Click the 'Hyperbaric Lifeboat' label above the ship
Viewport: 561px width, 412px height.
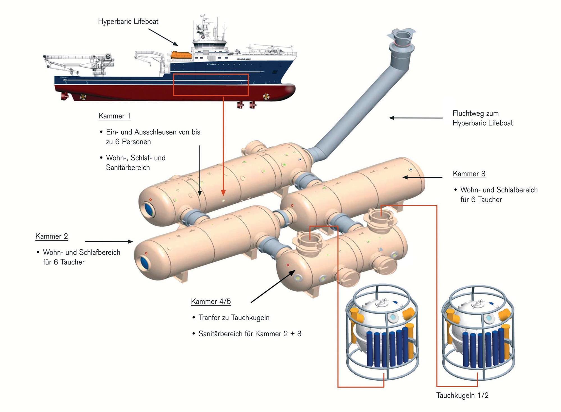(128, 22)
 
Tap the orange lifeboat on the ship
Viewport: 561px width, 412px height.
(181, 55)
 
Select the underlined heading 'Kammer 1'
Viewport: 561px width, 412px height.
(114, 116)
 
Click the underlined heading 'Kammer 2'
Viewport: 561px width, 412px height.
(52, 236)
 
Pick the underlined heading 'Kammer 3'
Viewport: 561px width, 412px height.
(469, 174)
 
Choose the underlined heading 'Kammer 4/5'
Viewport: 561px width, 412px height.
(211, 301)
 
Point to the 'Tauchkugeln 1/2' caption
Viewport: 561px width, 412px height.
(462, 395)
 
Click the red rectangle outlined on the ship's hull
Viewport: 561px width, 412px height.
(211, 85)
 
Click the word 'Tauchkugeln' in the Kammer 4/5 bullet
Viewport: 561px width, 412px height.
(250, 318)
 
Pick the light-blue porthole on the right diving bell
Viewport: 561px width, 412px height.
(489, 318)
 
